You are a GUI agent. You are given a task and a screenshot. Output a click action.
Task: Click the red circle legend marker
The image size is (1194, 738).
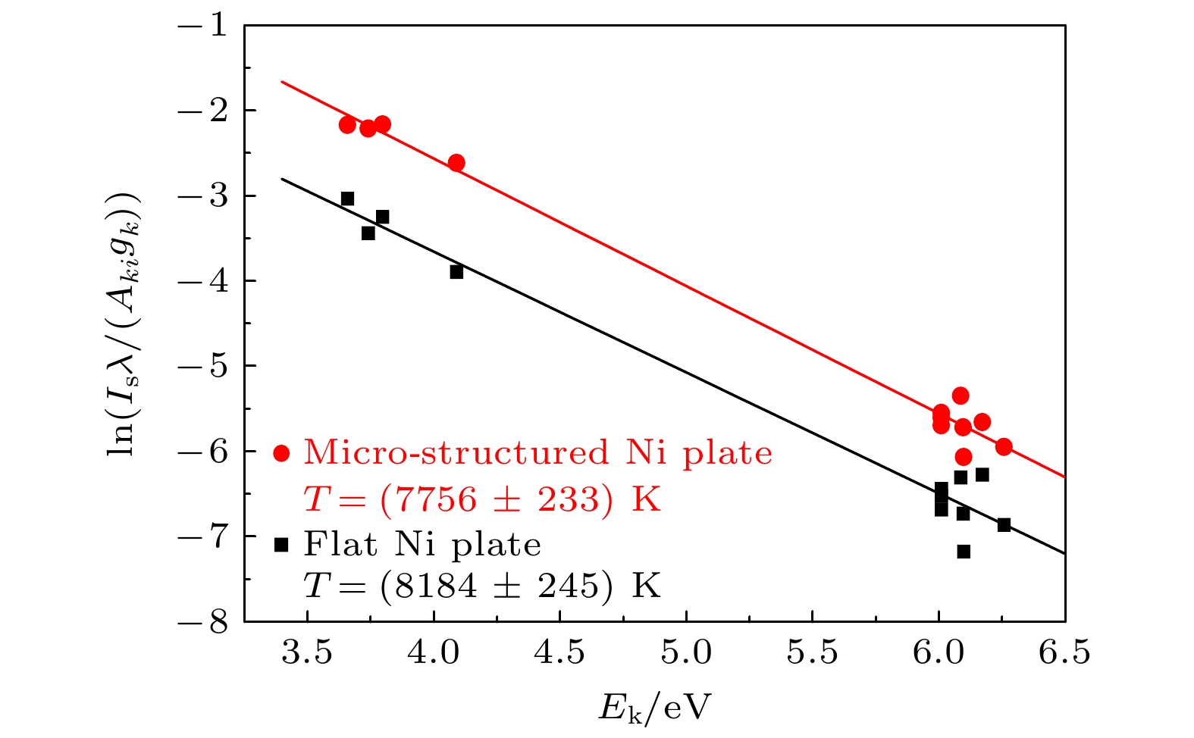[x=281, y=453]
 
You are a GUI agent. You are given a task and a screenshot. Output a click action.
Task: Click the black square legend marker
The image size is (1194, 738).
[x=281, y=544]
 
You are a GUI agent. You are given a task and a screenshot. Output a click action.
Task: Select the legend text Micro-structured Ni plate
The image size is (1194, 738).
[x=537, y=453]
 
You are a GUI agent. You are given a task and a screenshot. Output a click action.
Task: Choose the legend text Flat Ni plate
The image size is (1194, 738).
[x=422, y=544]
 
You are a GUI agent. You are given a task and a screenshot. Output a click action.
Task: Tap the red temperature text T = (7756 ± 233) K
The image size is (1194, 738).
[x=482, y=499]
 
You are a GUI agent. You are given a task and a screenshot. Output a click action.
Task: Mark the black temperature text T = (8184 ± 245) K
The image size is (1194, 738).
[x=482, y=586]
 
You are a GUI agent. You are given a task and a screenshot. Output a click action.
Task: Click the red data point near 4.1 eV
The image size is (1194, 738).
[x=456, y=163]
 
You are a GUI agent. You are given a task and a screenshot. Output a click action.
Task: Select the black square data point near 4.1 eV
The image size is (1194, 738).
[x=456, y=272]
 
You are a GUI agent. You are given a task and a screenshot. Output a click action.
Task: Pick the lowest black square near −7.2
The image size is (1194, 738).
[x=964, y=552]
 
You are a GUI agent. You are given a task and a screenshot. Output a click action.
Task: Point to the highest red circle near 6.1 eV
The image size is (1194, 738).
[x=961, y=396]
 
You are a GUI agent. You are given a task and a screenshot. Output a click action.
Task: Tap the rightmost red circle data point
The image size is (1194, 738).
[x=1004, y=446]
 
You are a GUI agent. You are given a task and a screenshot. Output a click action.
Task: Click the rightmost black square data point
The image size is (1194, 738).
[x=1004, y=525]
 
